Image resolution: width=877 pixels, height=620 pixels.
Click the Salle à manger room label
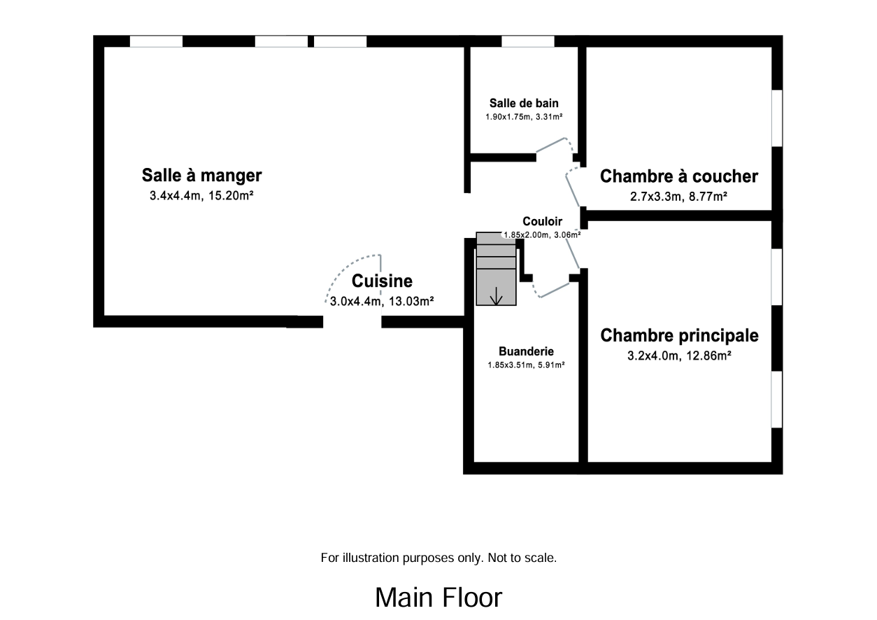[x=201, y=174]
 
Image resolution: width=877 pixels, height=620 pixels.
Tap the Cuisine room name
[x=382, y=281]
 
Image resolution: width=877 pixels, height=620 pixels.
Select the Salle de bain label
[x=524, y=104]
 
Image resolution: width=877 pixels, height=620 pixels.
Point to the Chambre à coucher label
[x=678, y=176]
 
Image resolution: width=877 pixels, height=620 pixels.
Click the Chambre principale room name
[x=679, y=335]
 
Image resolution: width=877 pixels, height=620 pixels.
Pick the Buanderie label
[x=526, y=351]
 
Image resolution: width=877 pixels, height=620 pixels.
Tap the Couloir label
[x=542, y=222]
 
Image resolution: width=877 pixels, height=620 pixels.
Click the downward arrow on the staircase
[x=497, y=296]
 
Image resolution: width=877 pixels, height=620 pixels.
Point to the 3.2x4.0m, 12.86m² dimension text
[x=679, y=356]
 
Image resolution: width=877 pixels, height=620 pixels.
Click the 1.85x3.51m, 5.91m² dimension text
[x=526, y=365]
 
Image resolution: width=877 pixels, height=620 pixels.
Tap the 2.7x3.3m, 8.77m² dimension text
[x=678, y=197]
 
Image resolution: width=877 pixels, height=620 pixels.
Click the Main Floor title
[x=438, y=598]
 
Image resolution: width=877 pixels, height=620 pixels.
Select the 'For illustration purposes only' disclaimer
[x=438, y=558]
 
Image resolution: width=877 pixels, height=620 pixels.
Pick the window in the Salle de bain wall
[x=528, y=41]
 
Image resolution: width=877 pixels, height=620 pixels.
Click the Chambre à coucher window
[x=776, y=118]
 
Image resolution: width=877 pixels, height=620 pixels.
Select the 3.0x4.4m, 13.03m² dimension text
[x=382, y=302]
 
